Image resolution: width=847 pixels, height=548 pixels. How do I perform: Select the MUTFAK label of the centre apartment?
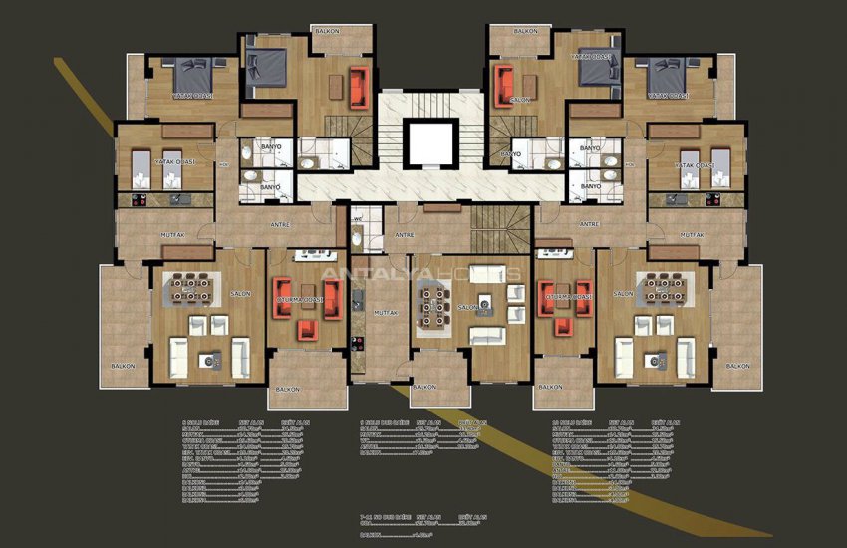pyautogui.click(x=386, y=313)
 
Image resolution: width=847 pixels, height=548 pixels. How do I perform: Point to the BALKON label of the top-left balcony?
pyautogui.click(x=328, y=31)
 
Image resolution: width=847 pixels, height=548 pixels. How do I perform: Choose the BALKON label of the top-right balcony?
pyautogui.click(x=526, y=31)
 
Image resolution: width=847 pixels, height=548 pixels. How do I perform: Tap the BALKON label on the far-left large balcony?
pyautogui.click(x=123, y=366)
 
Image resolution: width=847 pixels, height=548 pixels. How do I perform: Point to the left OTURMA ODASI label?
pyautogui.click(x=300, y=298)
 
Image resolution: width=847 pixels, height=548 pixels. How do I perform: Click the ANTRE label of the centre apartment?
pyautogui.click(x=404, y=235)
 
